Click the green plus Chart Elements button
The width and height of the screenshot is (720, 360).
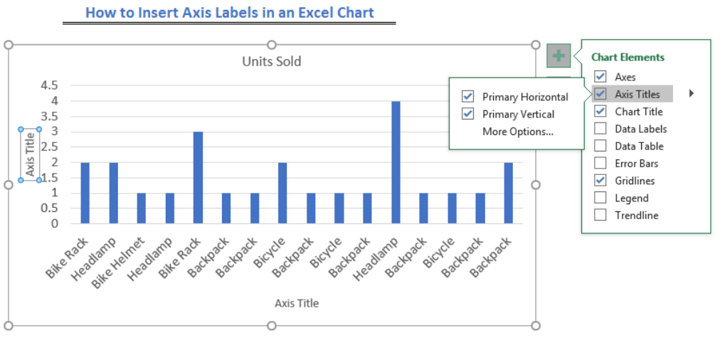558,56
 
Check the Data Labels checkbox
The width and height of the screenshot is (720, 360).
600,129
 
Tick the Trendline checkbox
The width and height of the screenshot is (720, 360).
600,215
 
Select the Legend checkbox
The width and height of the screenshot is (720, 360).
600,198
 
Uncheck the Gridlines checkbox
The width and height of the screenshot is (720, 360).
600,180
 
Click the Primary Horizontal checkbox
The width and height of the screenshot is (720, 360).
468,97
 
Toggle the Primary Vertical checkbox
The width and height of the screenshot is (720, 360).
468,114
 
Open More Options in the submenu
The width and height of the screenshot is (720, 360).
518,132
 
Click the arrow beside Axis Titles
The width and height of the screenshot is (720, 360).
692,94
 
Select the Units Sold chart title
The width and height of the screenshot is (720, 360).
272,61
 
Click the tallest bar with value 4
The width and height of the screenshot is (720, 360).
396,162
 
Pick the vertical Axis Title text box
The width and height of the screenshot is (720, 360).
31,154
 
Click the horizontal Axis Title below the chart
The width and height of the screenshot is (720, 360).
297,303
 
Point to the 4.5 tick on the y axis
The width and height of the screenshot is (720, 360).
50,85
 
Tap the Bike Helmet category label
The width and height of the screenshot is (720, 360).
119,263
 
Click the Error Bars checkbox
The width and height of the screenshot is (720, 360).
600,163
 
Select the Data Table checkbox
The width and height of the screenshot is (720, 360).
600,146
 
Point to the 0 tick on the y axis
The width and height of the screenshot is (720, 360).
55,223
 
